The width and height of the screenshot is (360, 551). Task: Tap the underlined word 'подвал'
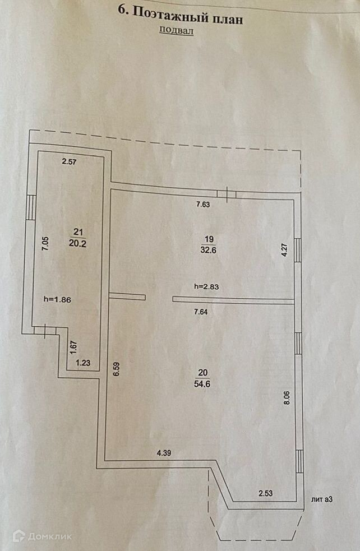[176, 31]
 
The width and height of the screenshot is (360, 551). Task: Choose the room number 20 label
[202, 372]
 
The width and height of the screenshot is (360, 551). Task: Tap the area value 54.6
[202, 385]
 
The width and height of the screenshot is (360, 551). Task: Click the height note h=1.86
[57, 299]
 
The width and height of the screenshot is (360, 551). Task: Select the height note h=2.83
[207, 286]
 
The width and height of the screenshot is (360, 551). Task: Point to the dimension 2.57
[68, 162]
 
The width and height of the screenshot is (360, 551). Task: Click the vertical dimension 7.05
[45, 246]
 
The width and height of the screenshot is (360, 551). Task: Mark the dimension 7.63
[203, 205]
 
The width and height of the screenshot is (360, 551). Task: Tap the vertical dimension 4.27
[284, 249]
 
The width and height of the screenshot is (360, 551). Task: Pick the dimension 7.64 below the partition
[200, 312]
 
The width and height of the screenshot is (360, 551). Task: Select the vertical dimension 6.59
[116, 371]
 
